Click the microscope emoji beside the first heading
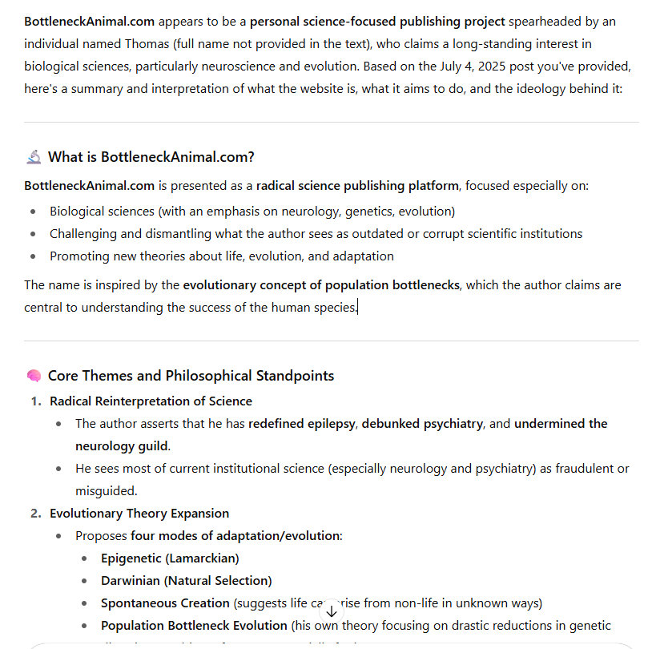[34, 157]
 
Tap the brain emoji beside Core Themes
[34, 376]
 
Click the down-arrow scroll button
[332, 611]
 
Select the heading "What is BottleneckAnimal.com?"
[151, 157]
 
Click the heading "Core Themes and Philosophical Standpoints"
[191, 376]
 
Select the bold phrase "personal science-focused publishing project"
[377, 21]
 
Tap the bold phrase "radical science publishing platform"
[357, 186]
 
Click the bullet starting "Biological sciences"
[252, 212]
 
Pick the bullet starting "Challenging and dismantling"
[316, 234]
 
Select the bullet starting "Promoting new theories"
[222, 256]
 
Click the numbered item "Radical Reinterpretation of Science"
[151, 401]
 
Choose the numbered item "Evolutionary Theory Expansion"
[139, 513]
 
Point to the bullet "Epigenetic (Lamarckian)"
[170, 558]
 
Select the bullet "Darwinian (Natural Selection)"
[186, 580]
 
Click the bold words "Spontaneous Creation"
[165, 603]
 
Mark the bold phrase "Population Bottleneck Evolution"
[194, 625]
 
